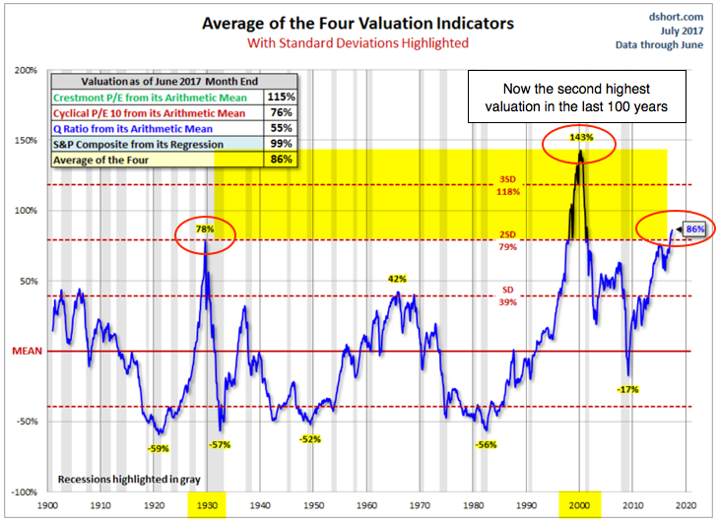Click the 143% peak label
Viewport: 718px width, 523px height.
(579, 137)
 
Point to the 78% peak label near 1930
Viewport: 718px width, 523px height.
(205, 229)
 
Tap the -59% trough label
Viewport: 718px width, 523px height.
(159, 448)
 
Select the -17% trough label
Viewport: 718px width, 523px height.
(628, 389)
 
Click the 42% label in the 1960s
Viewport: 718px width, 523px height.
(397, 279)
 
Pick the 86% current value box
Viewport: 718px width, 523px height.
(695, 229)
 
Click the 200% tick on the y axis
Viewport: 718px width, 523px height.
(26, 70)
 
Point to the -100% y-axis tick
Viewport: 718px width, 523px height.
(24, 491)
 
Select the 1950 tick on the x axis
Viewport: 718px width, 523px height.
(310, 503)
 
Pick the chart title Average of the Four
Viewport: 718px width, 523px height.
(359, 24)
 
